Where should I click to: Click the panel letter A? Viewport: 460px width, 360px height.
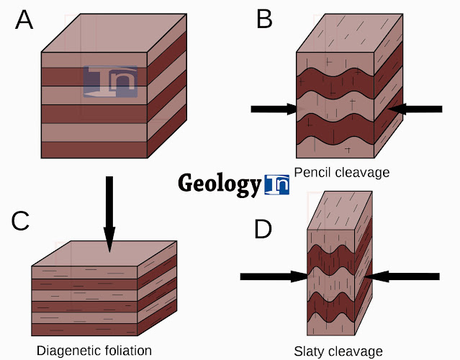click(24, 19)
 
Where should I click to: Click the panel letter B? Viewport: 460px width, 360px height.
click(264, 19)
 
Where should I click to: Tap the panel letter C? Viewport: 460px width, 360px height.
click(20, 220)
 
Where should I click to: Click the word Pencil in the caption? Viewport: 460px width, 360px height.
click(312, 173)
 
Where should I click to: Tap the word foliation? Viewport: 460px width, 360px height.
click(128, 351)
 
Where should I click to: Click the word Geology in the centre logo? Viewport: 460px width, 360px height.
click(219, 184)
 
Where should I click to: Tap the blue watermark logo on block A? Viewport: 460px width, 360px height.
click(109, 81)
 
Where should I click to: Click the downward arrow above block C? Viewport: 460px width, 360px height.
click(109, 213)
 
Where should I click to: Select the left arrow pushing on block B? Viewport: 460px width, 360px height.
click(274, 109)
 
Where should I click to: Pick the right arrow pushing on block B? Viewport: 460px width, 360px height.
click(415, 109)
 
